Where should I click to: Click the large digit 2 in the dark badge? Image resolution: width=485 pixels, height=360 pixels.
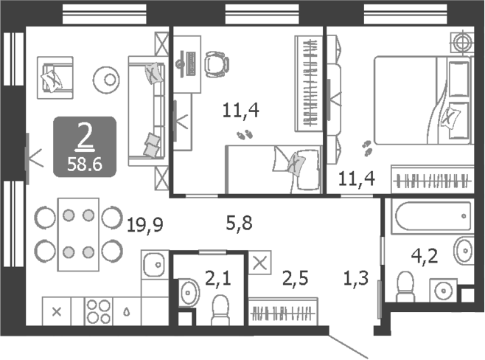[x=86, y=136]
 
